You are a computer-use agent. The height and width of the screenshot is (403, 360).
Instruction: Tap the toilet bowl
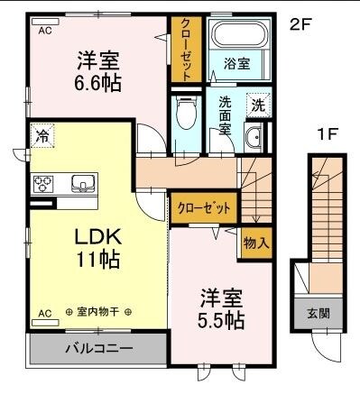pyautogui.click(x=186, y=114)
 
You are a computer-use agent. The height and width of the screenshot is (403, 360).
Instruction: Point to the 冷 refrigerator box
pyautogui.click(x=42, y=137)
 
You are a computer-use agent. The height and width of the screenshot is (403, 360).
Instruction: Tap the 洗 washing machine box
pyautogui.click(x=257, y=105)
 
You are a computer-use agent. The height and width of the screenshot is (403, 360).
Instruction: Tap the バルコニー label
pyautogui.click(x=98, y=347)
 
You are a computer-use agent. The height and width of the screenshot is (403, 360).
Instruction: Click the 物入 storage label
pyautogui.click(x=256, y=243)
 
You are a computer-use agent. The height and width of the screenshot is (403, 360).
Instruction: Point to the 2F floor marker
pyautogui.click(x=300, y=25)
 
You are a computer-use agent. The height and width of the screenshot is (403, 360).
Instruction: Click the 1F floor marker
pyautogui.click(x=327, y=135)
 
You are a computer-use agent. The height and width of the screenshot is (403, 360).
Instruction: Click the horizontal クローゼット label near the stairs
pyautogui.click(x=204, y=207)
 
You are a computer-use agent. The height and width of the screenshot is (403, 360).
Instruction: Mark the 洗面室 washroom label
pyautogui.click(x=226, y=115)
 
